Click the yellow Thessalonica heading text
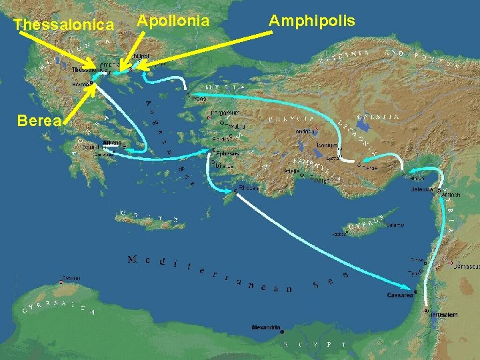pos(63,25)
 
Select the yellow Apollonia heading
pos(173,21)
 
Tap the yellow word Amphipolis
pos(312,21)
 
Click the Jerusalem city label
pos(444,314)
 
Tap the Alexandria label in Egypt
pos(266,327)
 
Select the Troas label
pos(199,99)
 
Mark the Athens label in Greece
pos(111,142)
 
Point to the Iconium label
pos(327,145)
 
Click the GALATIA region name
pos(378,117)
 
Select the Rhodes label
pos(249,187)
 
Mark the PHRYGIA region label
pos(290,118)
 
